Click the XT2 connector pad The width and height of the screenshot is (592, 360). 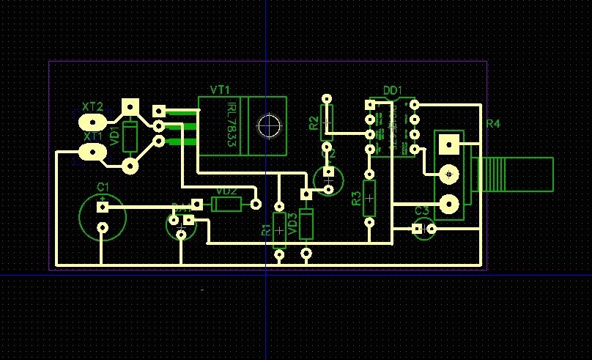click(93, 120)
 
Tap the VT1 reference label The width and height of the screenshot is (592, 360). click(220, 89)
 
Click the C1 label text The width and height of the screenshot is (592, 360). click(103, 186)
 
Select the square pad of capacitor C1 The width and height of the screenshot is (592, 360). click(103, 207)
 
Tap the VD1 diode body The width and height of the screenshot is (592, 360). click(130, 136)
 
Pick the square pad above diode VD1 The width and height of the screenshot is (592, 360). click(130, 107)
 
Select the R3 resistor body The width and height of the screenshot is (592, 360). click(370, 198)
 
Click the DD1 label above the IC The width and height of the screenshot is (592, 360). click(393, 90)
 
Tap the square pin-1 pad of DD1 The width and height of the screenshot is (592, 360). click(371, 106)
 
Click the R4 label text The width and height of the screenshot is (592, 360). click(492, 124)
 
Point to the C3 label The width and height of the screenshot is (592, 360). click(423, 211)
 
